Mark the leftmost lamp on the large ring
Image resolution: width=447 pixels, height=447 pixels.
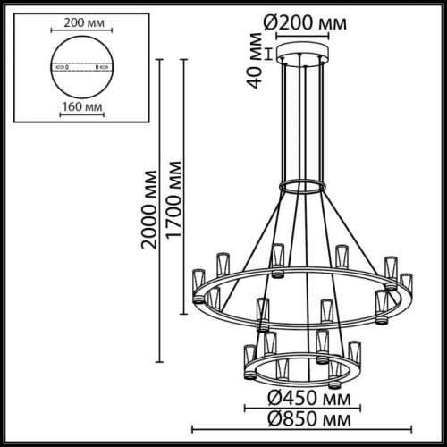click(x=198, y=283)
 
